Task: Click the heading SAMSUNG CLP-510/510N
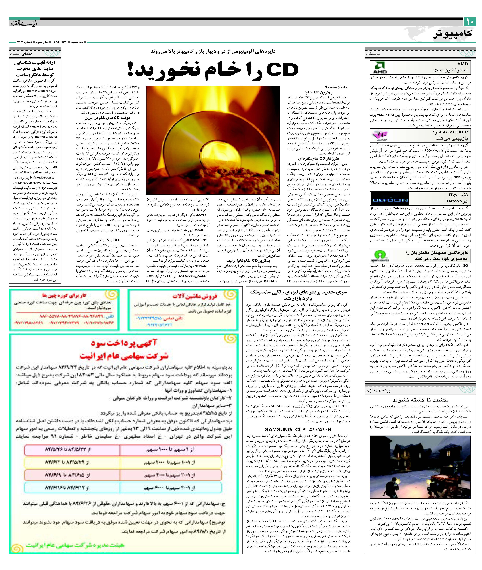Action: tap(298, 430)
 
